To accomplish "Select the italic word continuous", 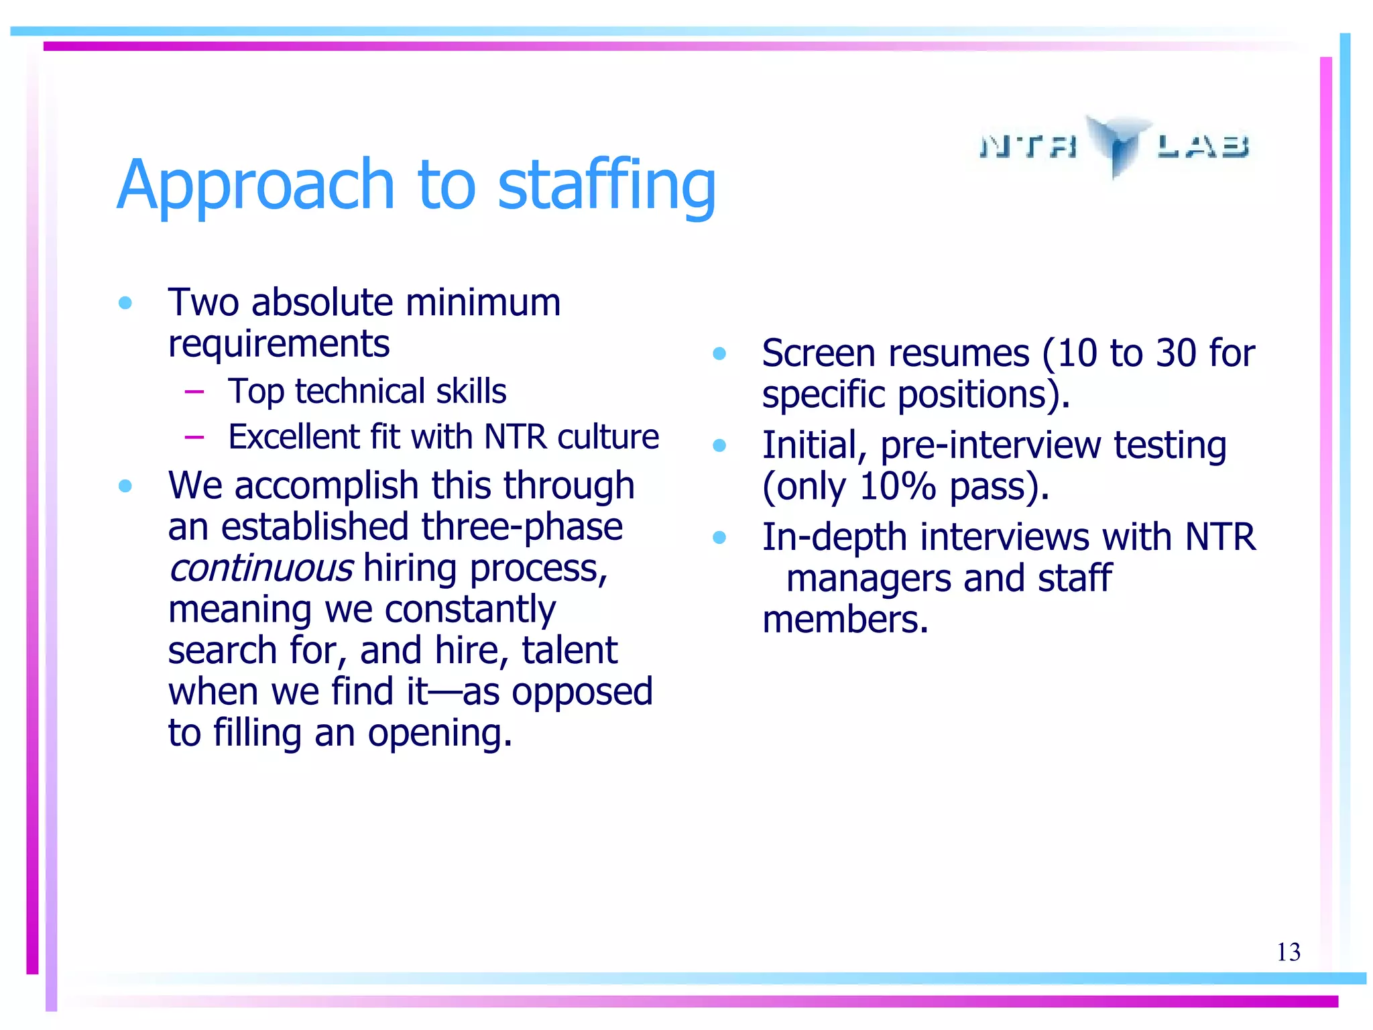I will click(260, 569).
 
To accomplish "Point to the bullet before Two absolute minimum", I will click(125, 303).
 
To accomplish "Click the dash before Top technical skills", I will click(194, 392).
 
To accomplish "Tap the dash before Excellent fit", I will click(194, 437).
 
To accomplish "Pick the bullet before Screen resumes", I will click(719, 353).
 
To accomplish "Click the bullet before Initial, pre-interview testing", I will click(719, 445).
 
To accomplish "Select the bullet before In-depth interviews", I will click(719, 537).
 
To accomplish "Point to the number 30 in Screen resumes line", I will click(1171, 353).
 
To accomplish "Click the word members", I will click(845, 620).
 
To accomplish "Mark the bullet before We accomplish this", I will click(125, 485).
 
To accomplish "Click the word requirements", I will click(278, 345).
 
